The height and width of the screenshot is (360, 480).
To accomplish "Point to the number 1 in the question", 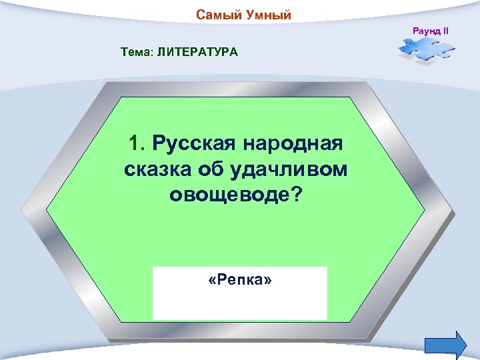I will [135, 143].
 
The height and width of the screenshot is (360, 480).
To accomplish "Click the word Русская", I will [195, 143].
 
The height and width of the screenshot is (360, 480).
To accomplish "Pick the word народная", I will [295, 143].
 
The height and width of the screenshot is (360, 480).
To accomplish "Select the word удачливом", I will [291, 170].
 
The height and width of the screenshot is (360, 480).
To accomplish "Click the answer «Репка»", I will [240, 281].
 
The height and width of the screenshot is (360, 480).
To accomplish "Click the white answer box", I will [240, 303].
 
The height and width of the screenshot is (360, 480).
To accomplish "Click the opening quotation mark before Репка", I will [212, 281].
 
